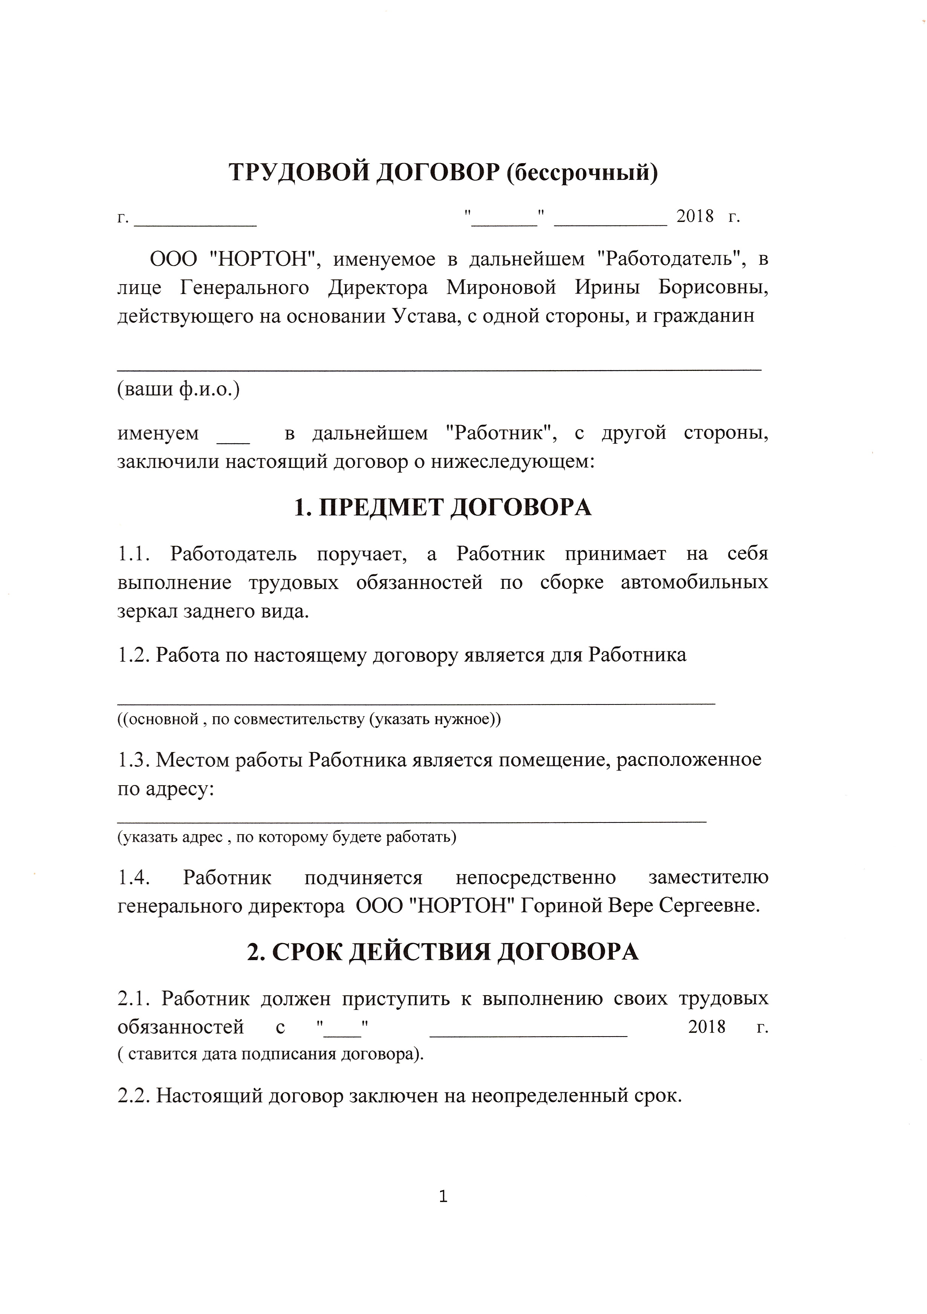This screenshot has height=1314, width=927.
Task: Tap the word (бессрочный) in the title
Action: [x=582, y=172]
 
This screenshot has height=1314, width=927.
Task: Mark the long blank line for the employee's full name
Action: [x=439, y=367]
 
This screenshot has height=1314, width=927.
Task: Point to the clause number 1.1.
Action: [x=134, y=554]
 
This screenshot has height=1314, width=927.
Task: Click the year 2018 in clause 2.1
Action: [x=707, y=1027]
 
